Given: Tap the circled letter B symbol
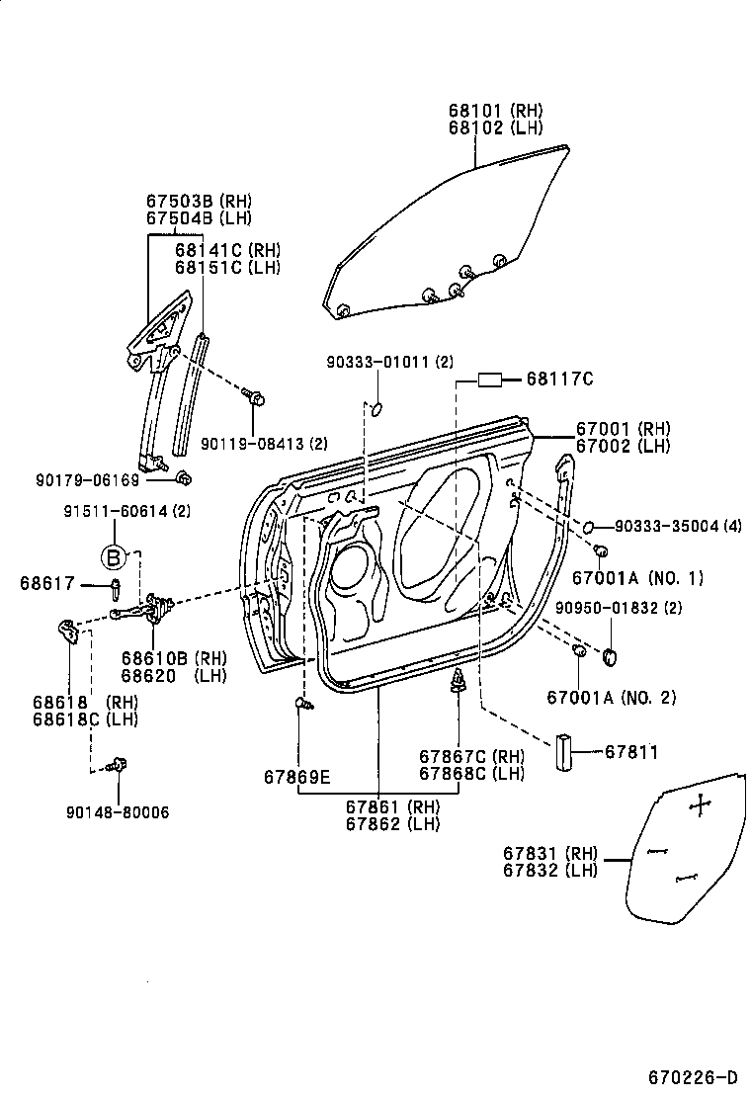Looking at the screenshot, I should point(114,557).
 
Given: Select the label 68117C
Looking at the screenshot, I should point(559,379).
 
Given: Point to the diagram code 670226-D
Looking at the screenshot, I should point(693,1075).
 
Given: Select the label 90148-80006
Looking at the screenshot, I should point(118,812).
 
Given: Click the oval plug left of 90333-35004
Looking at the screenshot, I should point(587,525).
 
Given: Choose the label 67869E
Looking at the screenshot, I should point(296,777).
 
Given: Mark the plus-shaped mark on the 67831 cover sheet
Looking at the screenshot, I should point(700,805).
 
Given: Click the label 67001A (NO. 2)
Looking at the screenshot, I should point(611,697).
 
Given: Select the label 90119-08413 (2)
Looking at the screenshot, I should point(263,442).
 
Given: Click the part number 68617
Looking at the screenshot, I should point(47,584).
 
